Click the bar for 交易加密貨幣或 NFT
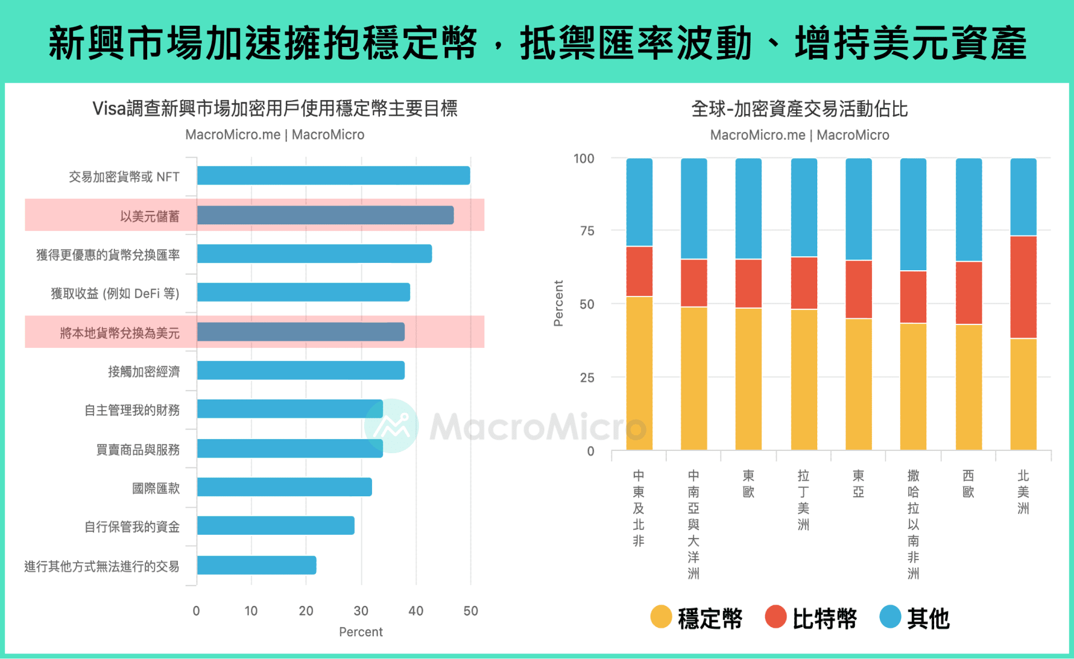pyautogui.click(x=333, y=176)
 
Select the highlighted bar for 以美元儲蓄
pyautogui.click(x=325, y=215)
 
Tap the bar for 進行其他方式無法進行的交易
pyautogui.click(x=257, y=565)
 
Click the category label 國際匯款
pyautogui.click(x=156, y=488)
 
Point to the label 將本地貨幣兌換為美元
pyautogui.click(x=120, y=333)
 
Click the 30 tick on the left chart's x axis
pyautogui.click(x=361, y=611)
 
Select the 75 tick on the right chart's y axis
pyautogui.click(x=587, y=231)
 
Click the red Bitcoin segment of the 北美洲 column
pyautogui.click(x=1023, y=287)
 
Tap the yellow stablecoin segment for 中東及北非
pyautogui.click(x=639, y=373)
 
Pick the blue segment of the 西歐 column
pyautogui.click(x=968, y=210)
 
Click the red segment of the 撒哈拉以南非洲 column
pyautogui.click(x=913, y=297)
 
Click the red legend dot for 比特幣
pyautogui.click(x=776, y=617)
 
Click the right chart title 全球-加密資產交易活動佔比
pyautogui.click(x=799, y=109)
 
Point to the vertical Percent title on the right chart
pyautogui.click(x=558, y=303)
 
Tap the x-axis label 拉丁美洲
pyautogui.click(x=803, y=500)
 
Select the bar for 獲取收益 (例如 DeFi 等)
pyautogui.click(x=303, y=292)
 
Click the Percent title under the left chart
pyautogui.click(x=361, y=632)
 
